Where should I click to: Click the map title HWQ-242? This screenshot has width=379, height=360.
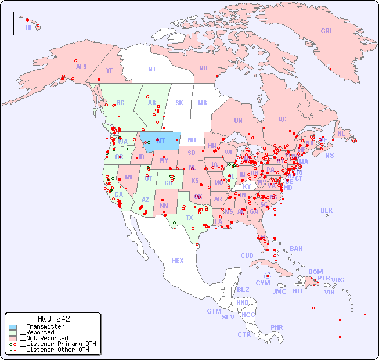click(x=53, y=319)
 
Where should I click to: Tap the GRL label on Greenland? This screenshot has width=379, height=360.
click(x=327, y=31)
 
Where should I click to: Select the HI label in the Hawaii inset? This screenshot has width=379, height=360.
click(x=28, y=27)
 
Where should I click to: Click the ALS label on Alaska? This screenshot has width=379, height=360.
click(x=81, y=67)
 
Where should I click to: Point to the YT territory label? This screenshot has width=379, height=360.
click(x=109, y=70)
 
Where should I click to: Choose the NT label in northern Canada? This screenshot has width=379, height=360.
click(x=151, y=69)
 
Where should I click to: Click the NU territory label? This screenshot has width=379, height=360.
click(x=203, y=68)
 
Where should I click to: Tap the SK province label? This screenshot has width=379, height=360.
click(x=179, y=103)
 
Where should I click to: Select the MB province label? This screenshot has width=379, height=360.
click(x=202, y=103)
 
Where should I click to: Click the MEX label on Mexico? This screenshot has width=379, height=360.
click(x=177, y=261)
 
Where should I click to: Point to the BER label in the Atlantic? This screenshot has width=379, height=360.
click(x=326, y=211)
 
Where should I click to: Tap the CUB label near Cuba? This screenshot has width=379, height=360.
click(x=247, y=256)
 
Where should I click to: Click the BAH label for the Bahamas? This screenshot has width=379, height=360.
click(x=296, y=249)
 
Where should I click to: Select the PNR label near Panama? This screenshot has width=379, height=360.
click(x=277, y=328)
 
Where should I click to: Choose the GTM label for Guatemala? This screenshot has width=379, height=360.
click(x=214, y=311)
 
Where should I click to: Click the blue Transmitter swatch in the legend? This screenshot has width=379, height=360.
click(x=13, y=327)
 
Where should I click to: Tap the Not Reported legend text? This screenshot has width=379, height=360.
click(x=44, y=338)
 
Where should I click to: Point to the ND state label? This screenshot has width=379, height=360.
click(x=192, y=141)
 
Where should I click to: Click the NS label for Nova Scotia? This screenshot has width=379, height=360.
click(x=329, y=156)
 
